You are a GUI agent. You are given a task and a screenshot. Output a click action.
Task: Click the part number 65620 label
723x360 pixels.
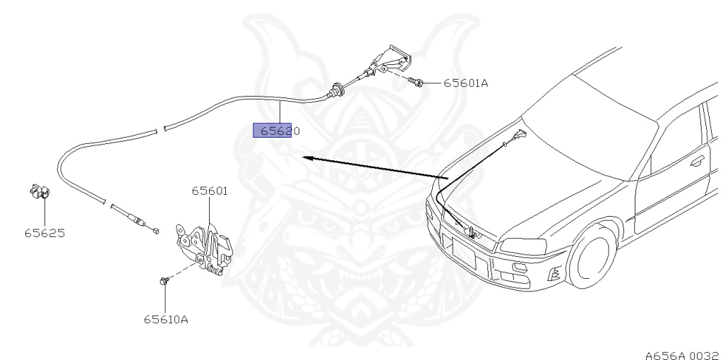[x=280, y=131]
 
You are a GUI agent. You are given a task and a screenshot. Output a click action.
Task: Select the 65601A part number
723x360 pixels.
[x=466, y=83]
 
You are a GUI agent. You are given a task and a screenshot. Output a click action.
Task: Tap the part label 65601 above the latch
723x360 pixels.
[x=210, y=191]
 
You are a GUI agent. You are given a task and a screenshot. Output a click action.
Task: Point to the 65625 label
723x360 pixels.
[x=44, y=233]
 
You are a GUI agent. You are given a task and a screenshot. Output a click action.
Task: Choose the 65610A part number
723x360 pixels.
[x=166, y=319]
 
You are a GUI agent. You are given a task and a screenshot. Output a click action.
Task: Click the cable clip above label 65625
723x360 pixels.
[x=40, y=192]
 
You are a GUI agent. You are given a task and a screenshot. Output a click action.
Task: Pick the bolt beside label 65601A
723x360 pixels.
[x=417, y=82]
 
